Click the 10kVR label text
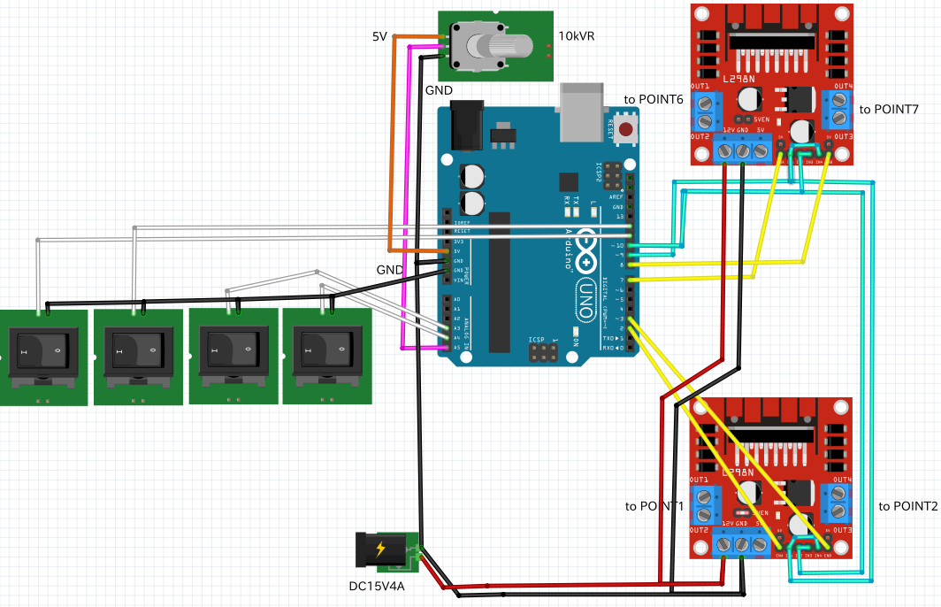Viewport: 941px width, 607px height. (577, 37)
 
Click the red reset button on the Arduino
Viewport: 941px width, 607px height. (626, 130)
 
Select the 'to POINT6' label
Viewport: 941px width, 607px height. (654, 100)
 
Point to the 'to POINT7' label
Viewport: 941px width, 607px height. (889, 109)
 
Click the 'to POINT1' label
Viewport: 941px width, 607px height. (654, 506)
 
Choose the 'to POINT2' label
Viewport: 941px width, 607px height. (908, 506)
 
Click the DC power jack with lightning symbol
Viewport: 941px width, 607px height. (382, 550)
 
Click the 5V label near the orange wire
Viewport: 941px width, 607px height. (379, 36)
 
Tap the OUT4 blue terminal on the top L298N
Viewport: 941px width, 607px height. (837, 110)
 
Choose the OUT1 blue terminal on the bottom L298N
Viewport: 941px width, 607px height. (705, 505)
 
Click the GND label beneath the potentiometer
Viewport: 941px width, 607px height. (439, 90)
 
